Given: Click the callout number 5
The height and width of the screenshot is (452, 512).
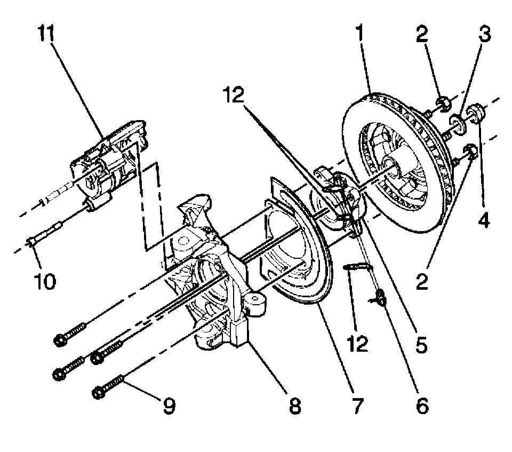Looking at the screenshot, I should tap(421, 345).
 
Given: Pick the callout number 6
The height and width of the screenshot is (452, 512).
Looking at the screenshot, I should tap(421, 406).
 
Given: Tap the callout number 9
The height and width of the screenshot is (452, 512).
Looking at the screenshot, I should tap(169, 406).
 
